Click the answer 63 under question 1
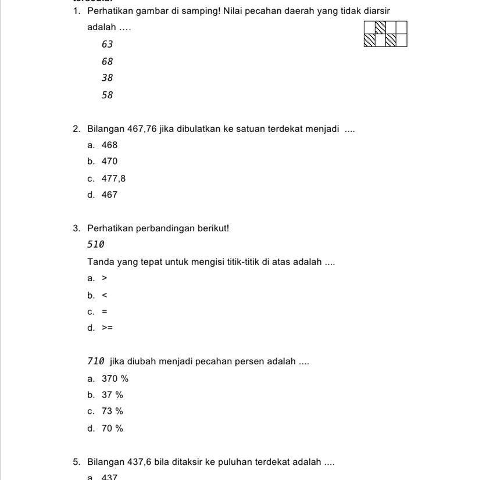[107, 44]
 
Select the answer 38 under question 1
[107, 78]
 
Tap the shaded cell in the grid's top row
[380, 27]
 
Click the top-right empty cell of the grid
[401, 27]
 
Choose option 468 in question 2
[109, 145]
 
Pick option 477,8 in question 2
[113, 178]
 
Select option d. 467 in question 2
[109, 195]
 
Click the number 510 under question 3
[96, 245]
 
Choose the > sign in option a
[105, 278]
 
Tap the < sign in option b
[105, 295]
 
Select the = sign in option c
[105, 311]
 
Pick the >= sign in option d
[108, 328]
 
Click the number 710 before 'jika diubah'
[96, 361]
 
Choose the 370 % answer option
[115, 379]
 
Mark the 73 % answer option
[112, 411]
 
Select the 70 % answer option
[112, 428]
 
